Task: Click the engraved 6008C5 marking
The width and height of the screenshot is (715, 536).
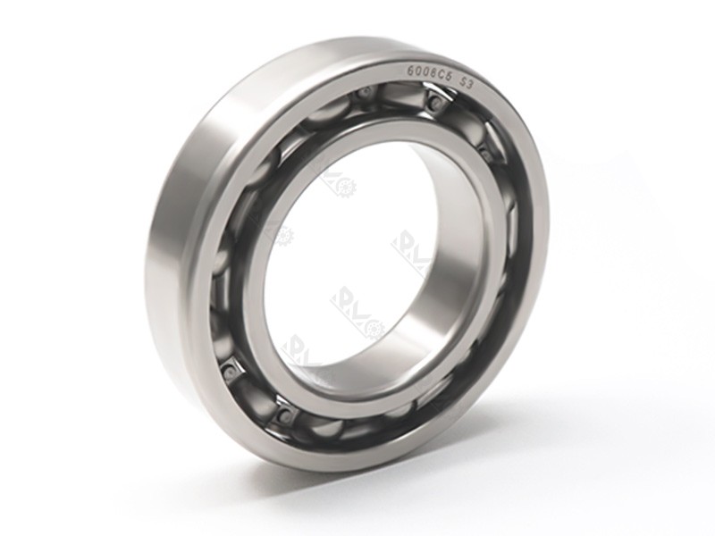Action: coord(432,72)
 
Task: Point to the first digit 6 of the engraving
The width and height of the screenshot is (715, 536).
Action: coord(411,69)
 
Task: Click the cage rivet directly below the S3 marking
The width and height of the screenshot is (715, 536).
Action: coord(434,104)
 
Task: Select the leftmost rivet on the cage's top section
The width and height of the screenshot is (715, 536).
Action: coord(364,93)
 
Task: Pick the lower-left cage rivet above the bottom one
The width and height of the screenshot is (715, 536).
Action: coord(231,366)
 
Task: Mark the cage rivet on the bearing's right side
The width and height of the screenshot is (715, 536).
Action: coord(487,154)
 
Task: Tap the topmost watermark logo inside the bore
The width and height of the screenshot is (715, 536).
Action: coord(341,183)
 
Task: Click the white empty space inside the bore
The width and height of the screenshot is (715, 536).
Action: coord(357,250)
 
